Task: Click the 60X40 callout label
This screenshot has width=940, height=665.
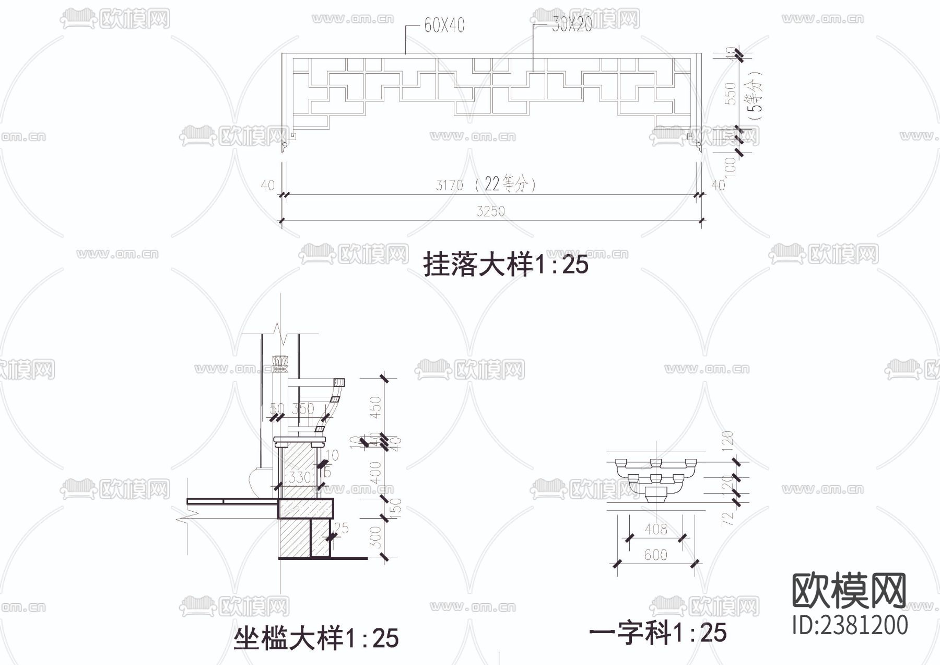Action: coord(444,25)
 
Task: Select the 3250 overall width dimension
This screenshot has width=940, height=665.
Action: coord(490,211)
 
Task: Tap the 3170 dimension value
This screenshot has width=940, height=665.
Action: coord(449,185)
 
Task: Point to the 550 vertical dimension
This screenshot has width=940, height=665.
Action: coord(730,93)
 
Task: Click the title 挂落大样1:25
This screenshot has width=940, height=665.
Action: coord(506,264)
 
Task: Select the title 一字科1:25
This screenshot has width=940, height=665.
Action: coord(657,633)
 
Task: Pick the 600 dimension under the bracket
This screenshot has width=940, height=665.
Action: coord(655,555)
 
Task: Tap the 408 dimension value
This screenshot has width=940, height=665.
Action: coord(655,530)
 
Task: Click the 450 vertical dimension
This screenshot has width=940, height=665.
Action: coord(375,408)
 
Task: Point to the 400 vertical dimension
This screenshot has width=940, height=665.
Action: coord(375,473)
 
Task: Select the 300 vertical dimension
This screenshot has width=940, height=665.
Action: coord(375,537)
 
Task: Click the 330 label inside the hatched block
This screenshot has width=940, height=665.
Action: coord(300,477)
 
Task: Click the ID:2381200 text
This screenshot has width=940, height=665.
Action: coord(850,625)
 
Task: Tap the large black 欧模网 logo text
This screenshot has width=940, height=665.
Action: coord(849,591)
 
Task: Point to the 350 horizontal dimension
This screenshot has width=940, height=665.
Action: coord(303,408)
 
